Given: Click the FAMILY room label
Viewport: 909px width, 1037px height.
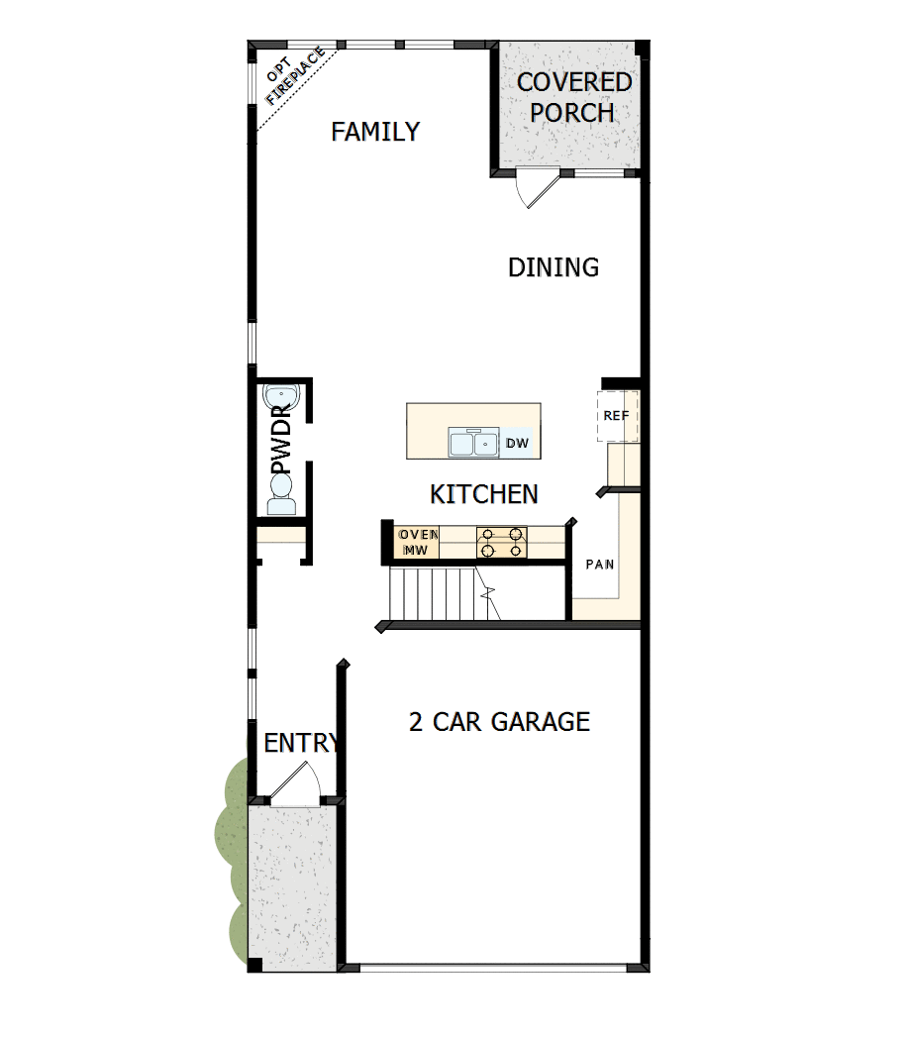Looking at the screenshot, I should pyautogui.click(x=375, y=132).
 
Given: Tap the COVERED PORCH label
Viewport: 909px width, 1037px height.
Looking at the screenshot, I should pyautogui.click(x=573, y=97).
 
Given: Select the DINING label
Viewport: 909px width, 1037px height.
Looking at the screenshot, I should pyautogui.click(x=553, y=267).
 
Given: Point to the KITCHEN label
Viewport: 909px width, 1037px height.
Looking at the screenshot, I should pyautogui.click(x=484, y=493).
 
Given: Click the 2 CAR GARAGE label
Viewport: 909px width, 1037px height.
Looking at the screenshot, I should pyautogui.click(x=499, y=721).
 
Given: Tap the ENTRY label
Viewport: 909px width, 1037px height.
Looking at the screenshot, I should pyautogui.click(x=301, y=743).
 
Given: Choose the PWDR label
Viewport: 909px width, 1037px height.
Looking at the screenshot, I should pyautogui.click(x=280, y=439).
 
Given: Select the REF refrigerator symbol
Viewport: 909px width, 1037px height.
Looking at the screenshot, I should pyautogui.click(x=616, y=416).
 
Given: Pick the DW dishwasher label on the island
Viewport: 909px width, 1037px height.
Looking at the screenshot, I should pyautogui.click(x=517, y=443).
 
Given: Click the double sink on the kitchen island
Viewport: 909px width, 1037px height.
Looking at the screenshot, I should pyautogui.click(x=472, y=442).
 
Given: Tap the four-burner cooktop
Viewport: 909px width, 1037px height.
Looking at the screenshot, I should pyautogui.click(x=502, y=543).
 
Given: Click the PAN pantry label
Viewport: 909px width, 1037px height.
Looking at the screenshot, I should pyautogui.click(x=599, y=565).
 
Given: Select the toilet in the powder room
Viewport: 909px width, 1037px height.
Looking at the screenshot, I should pyautogui.click(x=281, y=493).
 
